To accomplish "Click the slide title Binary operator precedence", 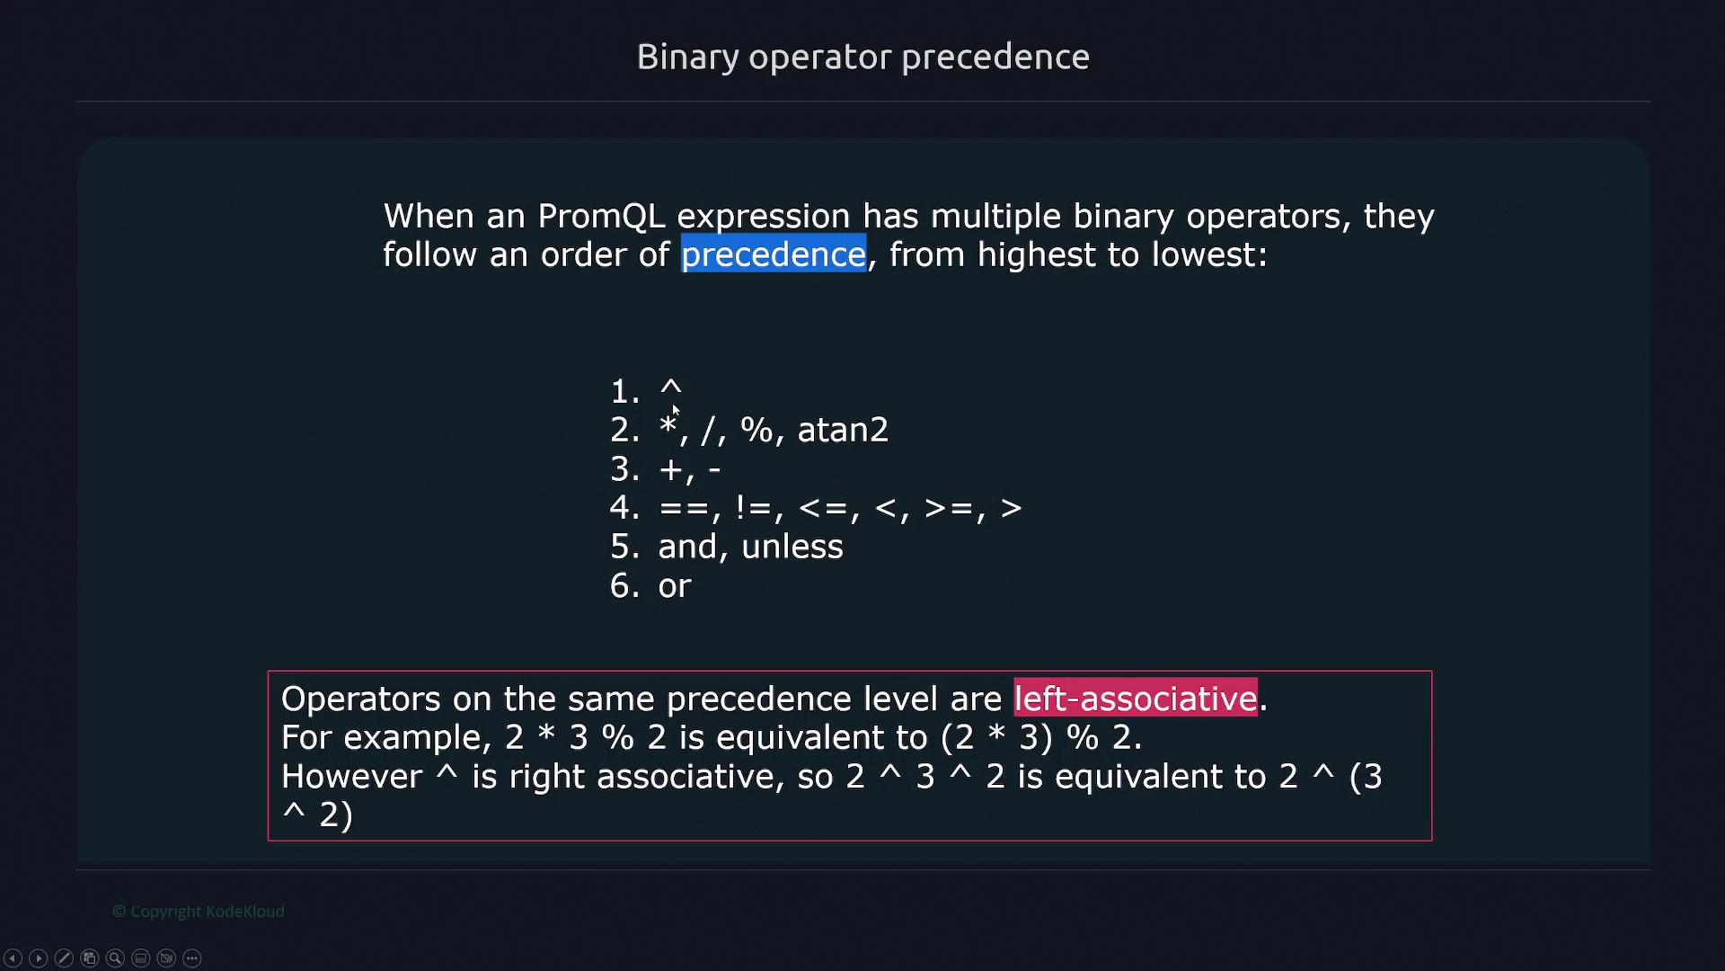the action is pos(862,58).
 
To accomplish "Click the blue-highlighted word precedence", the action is pos(774,254).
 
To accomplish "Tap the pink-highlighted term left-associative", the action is pos(1136,699).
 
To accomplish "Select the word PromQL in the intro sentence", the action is pos(601,217).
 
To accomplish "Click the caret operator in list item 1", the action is pos(671,388).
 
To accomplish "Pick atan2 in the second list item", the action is pos(843,430).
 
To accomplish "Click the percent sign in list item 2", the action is pos(756,430).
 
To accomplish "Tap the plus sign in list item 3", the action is pos(670,469).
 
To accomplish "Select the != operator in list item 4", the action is pos(753,508).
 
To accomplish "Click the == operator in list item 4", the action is pos(683,509).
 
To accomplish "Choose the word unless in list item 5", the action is pos(792,547).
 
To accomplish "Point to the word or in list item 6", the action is pos(675,586).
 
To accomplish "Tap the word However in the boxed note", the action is pos(351,777).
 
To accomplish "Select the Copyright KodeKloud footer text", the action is pos(199,912).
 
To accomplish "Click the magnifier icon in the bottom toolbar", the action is pos(115,958).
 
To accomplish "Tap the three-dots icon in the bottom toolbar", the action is pos(192,958).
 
